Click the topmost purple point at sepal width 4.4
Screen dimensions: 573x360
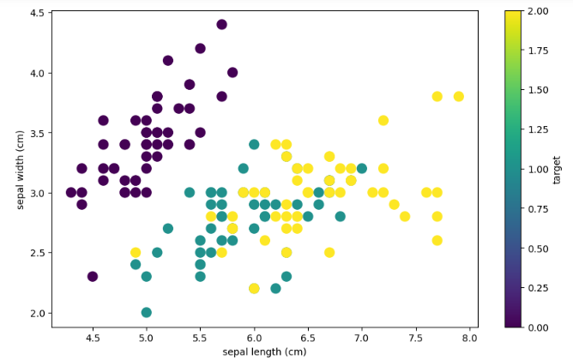point(221,25)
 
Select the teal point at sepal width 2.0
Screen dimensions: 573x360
point(146,313)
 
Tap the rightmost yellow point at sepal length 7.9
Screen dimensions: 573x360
point(459,96)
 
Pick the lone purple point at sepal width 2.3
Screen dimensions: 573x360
point(93,276)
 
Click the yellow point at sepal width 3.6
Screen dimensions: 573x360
point(383,121)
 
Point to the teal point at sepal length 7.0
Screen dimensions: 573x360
point(362,168)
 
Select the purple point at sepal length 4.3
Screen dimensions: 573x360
point(71,192)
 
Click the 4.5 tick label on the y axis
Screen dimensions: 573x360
point(36,13)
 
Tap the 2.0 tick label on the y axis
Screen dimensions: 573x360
point(36,313)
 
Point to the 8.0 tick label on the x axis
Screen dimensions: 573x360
point(469,338)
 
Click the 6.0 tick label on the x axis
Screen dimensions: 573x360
point(254,338)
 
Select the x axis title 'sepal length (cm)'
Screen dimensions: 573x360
point(264,352)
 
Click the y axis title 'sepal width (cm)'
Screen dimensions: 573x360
point(20,170)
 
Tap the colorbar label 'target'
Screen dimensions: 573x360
point(556,170)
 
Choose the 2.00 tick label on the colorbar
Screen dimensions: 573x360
point(539,11)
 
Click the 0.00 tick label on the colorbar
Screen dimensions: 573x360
point(539,327)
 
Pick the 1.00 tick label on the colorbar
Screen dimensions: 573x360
point(539,170)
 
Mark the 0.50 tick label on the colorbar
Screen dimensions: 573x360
point(539,249)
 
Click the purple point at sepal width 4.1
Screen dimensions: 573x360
point(168,60)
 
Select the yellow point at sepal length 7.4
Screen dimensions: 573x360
point(405,217)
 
